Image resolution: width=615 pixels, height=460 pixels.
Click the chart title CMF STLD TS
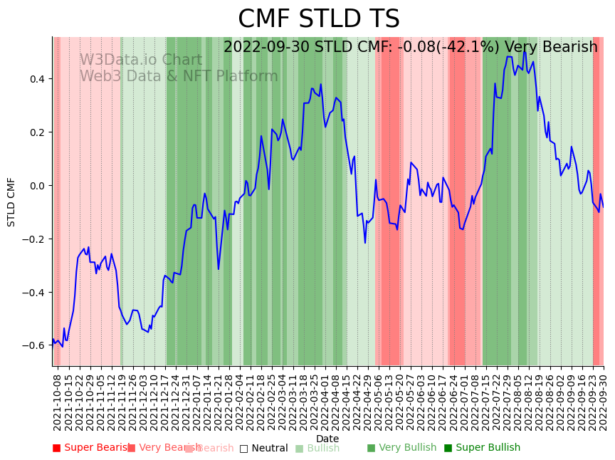[318, 19]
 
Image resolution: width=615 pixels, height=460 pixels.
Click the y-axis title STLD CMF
[11, 202]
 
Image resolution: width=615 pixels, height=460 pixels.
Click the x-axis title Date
[327, 439]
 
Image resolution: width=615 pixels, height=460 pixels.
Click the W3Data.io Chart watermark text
[140, 60]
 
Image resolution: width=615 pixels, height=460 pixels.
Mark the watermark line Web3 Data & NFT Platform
[178, 76]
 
